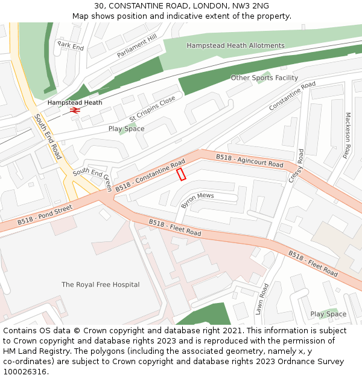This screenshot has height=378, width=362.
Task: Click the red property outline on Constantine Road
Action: [181, 174]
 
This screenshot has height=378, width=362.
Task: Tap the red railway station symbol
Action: [75, 111]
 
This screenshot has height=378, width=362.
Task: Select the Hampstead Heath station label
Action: [75, 103]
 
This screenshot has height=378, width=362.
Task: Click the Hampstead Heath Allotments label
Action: [235, 45]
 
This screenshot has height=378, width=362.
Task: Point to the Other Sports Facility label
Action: [264, 77]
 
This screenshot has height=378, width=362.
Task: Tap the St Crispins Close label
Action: [153, 108]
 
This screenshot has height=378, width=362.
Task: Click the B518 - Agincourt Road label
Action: [249, 161]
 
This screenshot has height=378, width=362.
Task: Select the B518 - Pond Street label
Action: [45, 215]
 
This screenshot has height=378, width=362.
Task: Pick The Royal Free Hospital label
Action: [100, 284]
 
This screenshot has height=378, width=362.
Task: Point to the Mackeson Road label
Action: [348, 135]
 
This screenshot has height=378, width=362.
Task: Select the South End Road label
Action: [48, 137]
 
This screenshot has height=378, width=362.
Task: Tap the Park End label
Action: [71, 45]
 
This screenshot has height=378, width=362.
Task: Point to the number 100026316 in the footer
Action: [24, 371]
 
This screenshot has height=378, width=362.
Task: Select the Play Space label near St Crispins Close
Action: [126, 129]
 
